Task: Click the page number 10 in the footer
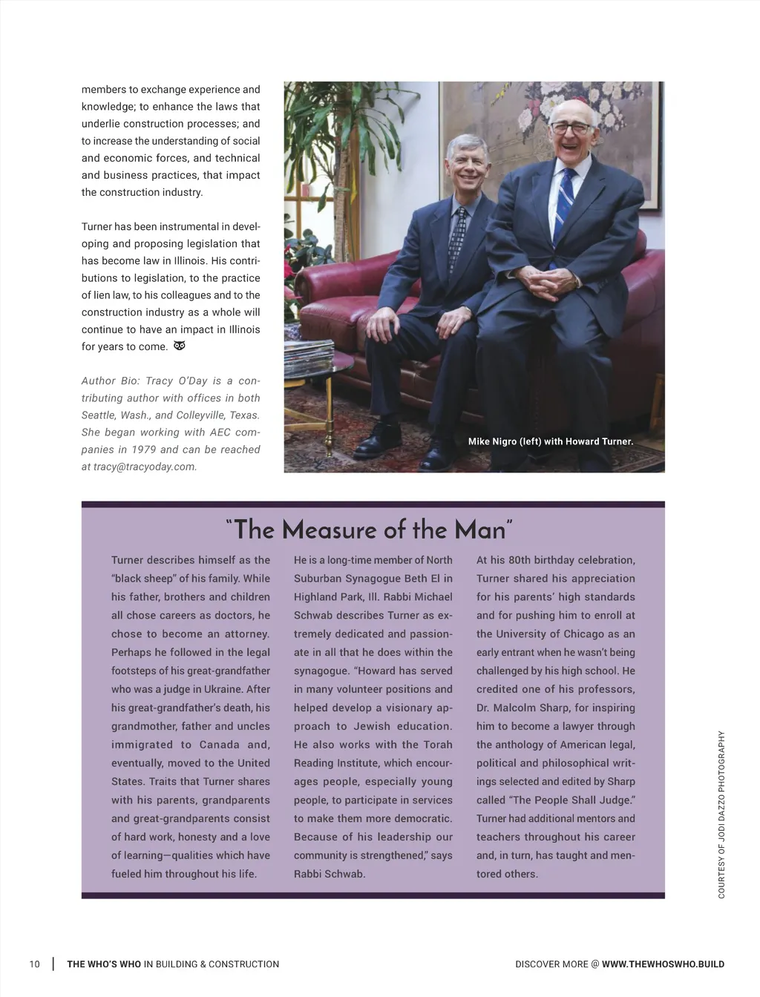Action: (x=34, y=964)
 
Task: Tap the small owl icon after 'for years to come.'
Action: (x=179, y=346)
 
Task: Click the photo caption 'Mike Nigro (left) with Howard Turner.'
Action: (x=550, y=441)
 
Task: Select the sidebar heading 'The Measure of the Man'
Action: (x=369, y=530)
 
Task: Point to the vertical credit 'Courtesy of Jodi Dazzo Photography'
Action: (x=721, y=815)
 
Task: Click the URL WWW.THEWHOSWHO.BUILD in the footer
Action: (x=663, y=964)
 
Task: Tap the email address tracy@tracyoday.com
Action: (x=145, y=467)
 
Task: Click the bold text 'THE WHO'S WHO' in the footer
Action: (x=104, y=964)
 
